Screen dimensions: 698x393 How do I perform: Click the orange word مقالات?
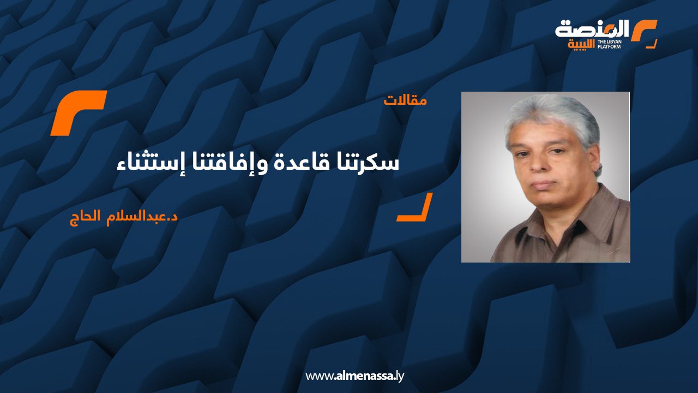point(405,101)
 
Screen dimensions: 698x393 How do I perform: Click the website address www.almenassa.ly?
point(354,376)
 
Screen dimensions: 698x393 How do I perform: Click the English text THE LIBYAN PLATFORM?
point(609,44)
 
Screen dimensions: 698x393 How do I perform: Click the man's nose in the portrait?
point(541,164)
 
